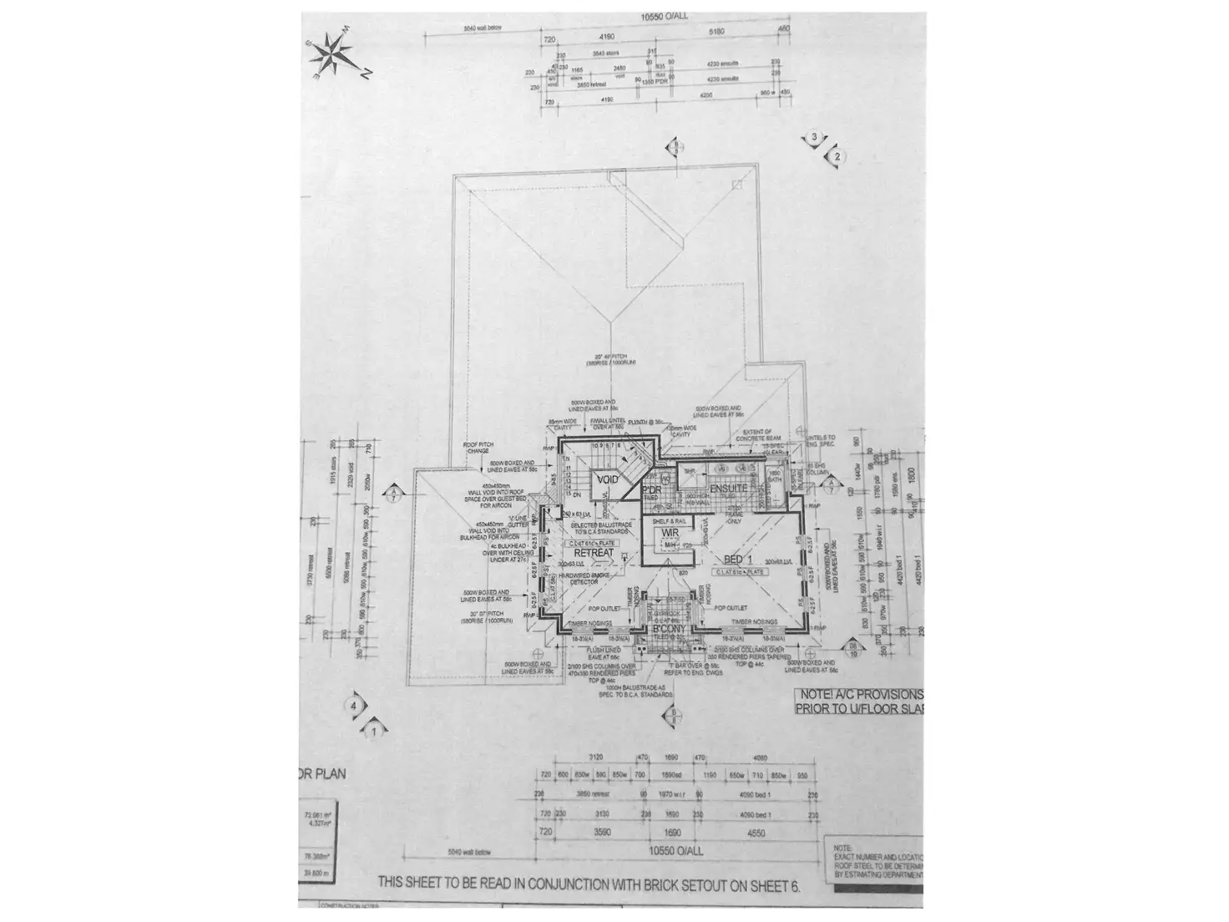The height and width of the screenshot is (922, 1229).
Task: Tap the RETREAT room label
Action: tap(594, 553)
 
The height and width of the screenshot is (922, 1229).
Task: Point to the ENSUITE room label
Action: tap(728, 488)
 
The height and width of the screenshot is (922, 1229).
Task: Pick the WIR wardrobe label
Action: tap(670, 533)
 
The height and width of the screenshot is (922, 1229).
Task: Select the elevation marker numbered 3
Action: tap(814, 138)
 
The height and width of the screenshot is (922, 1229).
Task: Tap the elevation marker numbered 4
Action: tap(354, 706)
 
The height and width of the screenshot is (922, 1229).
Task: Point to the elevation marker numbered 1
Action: tap(375, 731)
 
